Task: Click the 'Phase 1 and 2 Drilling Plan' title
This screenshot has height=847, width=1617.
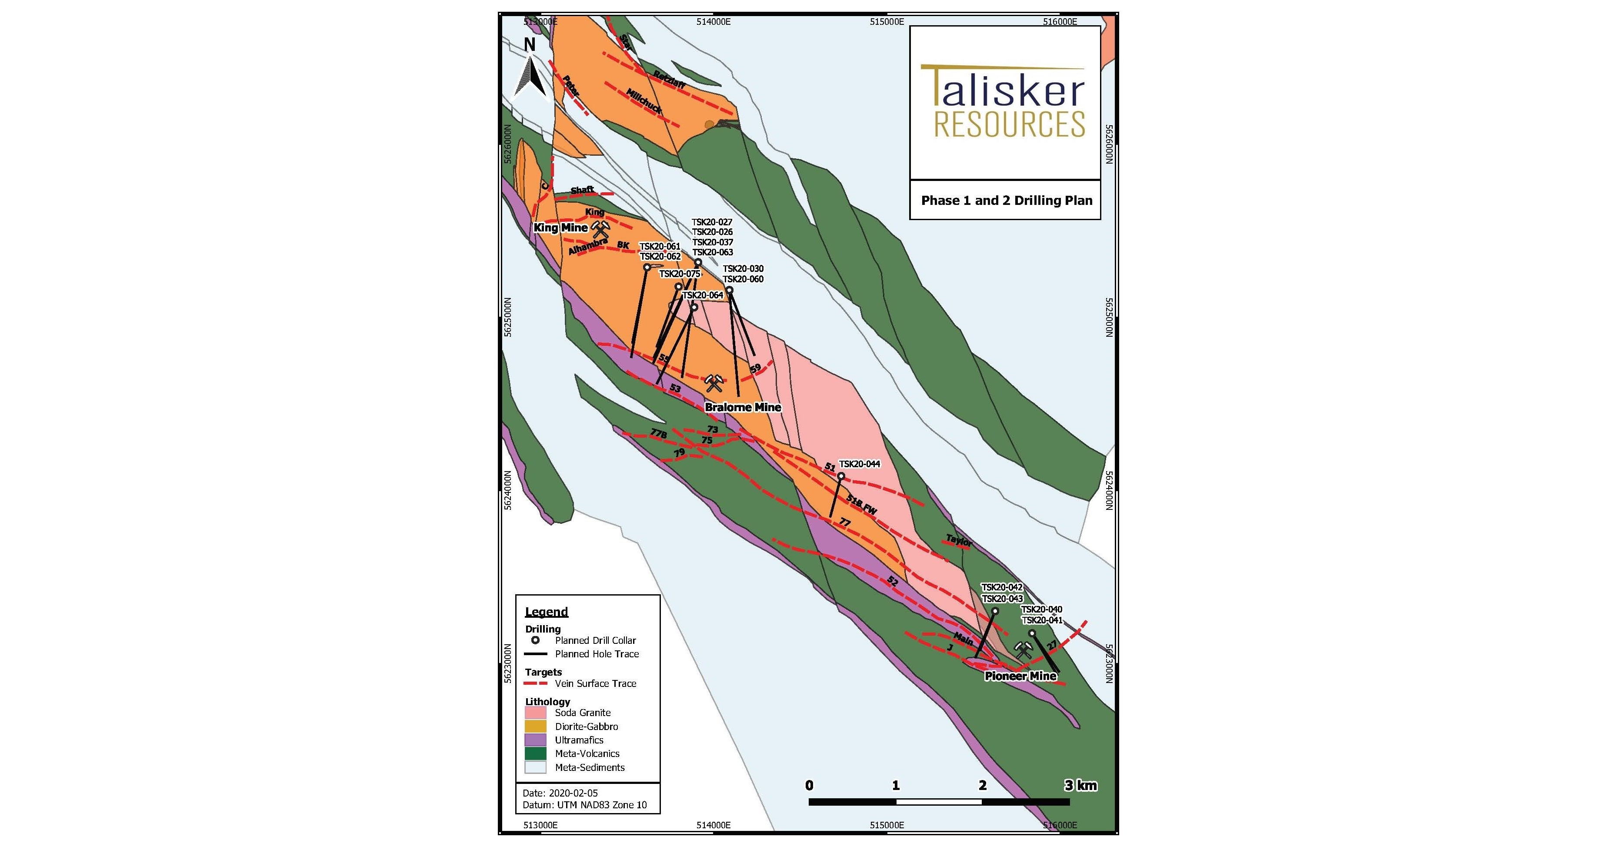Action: coord(1006,201)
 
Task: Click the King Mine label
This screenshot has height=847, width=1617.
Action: coord(560,227)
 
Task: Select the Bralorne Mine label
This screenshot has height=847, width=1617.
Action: coord(743,407)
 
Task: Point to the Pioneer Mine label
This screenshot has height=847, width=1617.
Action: coord(1020,676)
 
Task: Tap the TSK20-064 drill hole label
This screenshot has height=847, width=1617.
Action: coord(703,295)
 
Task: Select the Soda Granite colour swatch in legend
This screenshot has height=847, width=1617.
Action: coord(535,713)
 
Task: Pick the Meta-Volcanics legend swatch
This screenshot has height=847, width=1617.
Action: coord(535,753)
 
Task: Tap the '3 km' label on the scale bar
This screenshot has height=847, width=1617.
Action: coord(1080,785)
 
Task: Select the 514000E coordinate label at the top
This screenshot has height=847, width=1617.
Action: coord(713,21)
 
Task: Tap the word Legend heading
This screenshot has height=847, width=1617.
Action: coord(546,612)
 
